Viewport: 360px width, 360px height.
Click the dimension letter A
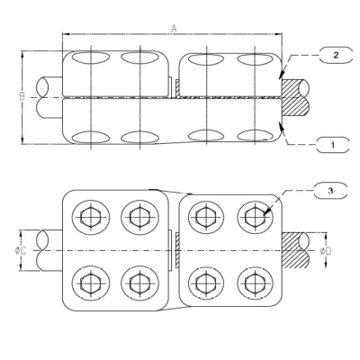click(174, 29)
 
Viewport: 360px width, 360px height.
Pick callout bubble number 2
click(335, 55)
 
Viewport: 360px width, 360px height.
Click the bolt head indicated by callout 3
click(253, 216)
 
